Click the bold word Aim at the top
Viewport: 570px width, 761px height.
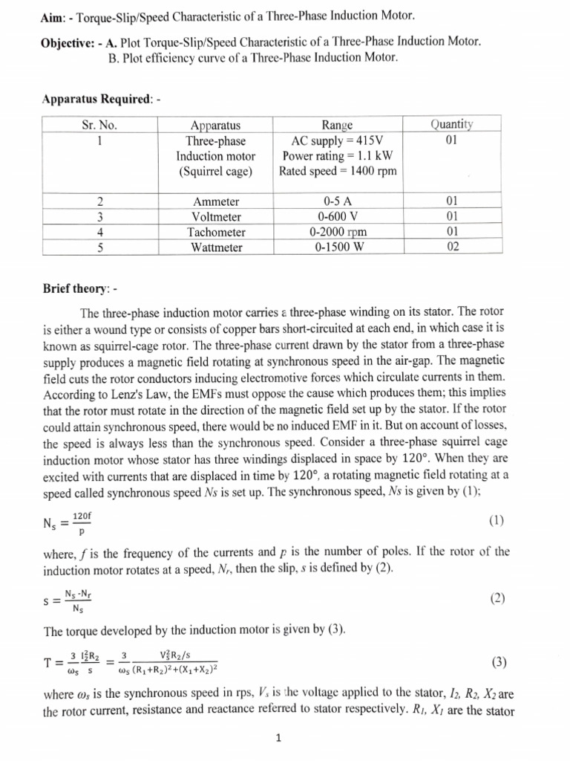click(53, 16)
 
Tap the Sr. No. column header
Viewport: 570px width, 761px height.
click(99, 125)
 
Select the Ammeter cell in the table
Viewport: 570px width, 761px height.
click(215, 201)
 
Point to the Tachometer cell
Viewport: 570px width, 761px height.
click(215, 232)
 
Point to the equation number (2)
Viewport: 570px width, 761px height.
click(497, 598)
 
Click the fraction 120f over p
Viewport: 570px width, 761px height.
click(82, 523)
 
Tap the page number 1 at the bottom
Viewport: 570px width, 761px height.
click(276, 738)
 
